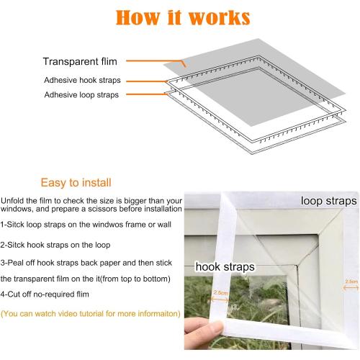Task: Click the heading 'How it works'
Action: tap(180, 18)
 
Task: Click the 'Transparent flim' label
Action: tap(80, 61)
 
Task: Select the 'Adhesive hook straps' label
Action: tap(81, 79)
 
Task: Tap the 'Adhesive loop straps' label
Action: tap(81, 94)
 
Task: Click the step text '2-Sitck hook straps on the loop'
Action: tap(59, 244)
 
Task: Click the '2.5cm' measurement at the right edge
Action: tap(351, 282)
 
